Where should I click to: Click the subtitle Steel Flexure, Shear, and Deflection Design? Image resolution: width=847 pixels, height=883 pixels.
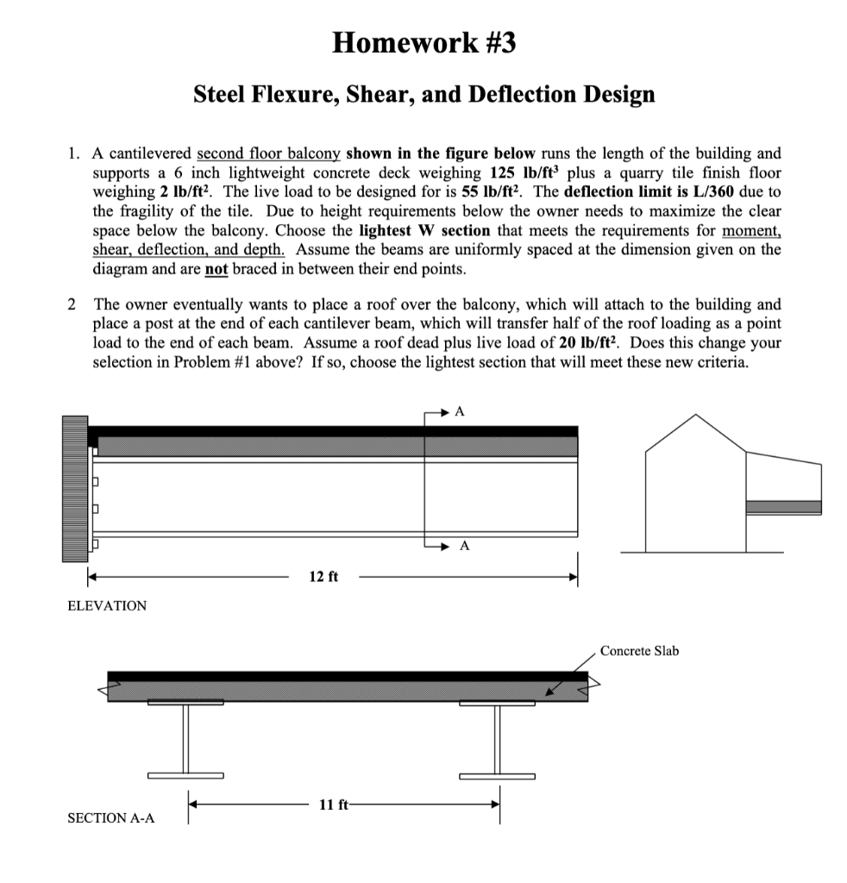tap(423, 93)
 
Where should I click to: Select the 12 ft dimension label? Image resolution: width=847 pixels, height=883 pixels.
tap(323, 576)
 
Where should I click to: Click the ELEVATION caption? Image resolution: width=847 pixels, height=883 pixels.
tap(107, 606)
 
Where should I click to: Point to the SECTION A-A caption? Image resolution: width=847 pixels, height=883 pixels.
tap(111, 817)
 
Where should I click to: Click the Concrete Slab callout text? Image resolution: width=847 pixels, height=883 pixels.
tap(639, 651)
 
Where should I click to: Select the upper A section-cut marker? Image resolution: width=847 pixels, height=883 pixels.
tap(461, 412)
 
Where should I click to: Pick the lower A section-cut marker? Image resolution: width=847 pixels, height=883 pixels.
tap(465, 545)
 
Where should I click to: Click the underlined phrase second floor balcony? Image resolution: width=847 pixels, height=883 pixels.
tap(271, 153)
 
